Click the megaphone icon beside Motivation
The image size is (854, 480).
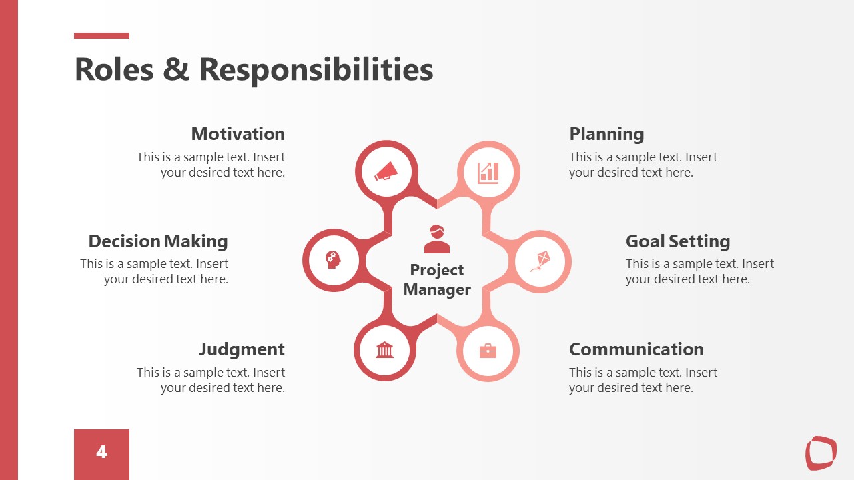(386, 172)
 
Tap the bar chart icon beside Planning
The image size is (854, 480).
(488, 173)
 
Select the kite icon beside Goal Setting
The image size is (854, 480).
(540, 261)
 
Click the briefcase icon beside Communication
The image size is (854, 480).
(488, 351)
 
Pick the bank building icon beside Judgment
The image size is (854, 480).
(385, 349)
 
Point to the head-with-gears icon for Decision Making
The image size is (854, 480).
(333, 259)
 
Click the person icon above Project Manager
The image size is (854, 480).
(437, 239)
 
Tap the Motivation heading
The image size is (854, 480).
(238, 134)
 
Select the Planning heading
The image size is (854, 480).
(606, 134)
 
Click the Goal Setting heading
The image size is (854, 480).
(678, 241)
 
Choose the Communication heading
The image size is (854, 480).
(636, 349)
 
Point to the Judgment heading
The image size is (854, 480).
(242, 349)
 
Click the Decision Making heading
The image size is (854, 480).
(158, 241)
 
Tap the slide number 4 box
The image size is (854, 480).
(101, 453)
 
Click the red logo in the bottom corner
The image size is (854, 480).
(821, 453)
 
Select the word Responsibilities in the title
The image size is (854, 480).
(316, 69)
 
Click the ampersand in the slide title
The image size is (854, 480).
(176, 69)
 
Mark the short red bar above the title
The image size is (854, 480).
(101, 36)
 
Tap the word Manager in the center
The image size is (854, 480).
(437, 289)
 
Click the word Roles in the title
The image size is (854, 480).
(113, 69)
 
